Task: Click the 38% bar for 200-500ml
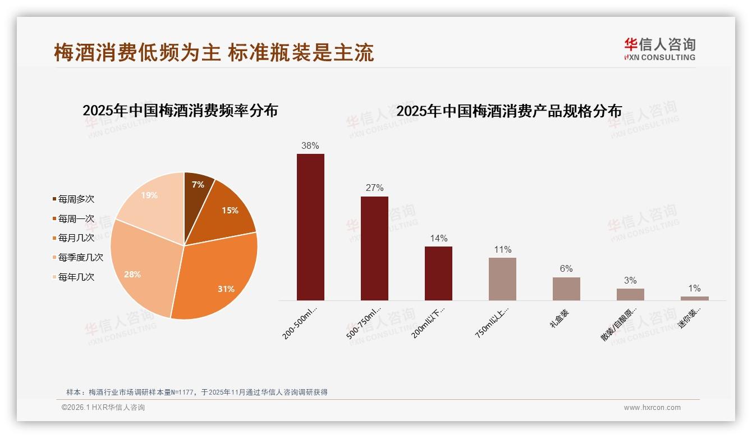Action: (310, 227)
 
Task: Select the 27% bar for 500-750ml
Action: (374, 248)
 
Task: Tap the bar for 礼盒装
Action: (566, 289)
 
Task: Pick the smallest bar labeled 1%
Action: (694, 298)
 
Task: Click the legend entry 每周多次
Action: (76, 199)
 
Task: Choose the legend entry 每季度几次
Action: (80, 257)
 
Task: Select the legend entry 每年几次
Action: (76, 277)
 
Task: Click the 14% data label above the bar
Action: (438, 238)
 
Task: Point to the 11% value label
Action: (502, 249)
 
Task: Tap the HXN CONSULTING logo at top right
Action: (659, 49)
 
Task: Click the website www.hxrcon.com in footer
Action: (652, 408)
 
